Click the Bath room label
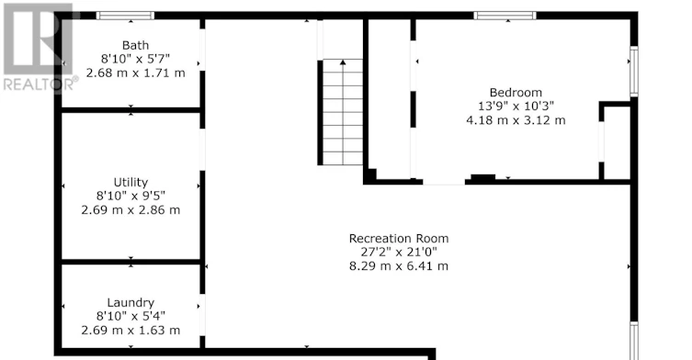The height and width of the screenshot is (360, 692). [135, 45]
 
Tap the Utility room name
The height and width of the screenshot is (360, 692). [130, 183]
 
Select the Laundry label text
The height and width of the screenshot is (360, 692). [130, 303]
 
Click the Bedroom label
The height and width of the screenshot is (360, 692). [516, 93]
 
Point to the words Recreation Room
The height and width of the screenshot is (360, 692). [399, 239]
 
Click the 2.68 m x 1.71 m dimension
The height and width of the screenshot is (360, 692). [135, 73]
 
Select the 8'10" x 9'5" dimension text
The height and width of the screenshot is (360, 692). [130, 196]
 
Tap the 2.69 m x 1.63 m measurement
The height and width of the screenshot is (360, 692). [130, 330]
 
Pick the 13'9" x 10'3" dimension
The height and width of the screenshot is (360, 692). [516, 107]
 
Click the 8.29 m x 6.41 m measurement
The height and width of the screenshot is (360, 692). [399, 266]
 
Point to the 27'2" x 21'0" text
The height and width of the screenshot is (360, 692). [399, 253]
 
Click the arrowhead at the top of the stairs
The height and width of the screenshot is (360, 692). [343, 62]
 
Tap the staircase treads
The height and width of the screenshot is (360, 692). [343, 112]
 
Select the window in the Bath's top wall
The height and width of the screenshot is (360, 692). [125, 16]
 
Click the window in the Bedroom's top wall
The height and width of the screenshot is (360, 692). [505, 16]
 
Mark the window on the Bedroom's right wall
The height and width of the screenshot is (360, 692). [634, 71]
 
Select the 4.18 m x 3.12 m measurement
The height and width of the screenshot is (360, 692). [516, 120]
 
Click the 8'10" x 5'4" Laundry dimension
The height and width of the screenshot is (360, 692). [130, 316]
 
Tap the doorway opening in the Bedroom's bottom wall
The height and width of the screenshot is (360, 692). [444, 181]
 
